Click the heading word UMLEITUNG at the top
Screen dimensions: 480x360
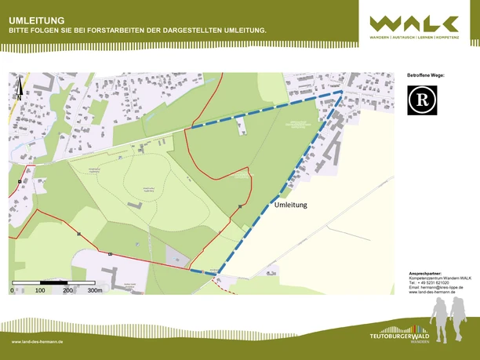[x=37, y=20]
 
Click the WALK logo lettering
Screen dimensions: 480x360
[x=415, y=24]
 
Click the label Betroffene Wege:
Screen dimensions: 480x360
[x=425, y=75]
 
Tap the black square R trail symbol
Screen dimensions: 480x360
[x=422, y=100]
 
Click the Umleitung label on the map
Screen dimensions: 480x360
[x=290, y=205]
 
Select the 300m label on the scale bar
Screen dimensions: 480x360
[x=95, y=290]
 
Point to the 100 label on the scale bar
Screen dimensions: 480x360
[x=40, y=290]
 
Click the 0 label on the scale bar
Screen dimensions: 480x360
[x=12, y=290]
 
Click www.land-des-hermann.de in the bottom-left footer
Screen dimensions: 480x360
[x=38, y=342]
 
